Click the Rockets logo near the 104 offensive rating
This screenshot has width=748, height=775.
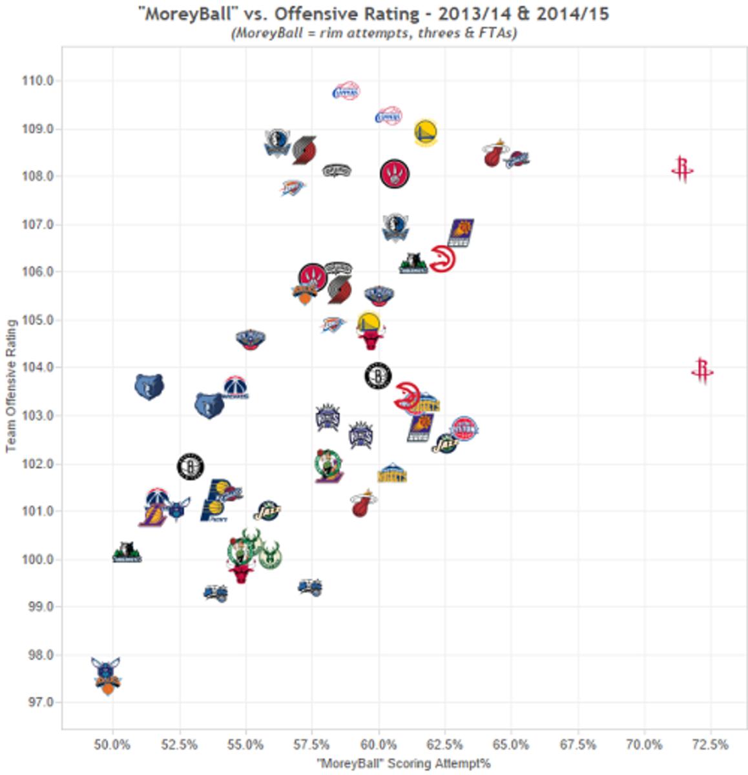click(x=702, y=371)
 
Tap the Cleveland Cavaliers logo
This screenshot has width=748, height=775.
click(x=517, y=159)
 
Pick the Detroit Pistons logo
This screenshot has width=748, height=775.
click(x=464, y=428)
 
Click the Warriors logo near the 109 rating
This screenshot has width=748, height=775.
click(x=425, y=132)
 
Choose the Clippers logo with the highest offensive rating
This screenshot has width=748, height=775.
click(x=346, y=92)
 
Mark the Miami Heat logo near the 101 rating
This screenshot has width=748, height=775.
click(x=364, y=503)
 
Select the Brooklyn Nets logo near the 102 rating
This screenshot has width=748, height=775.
click(x=190, y=466)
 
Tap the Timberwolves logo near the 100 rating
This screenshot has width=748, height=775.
click(x=127, y=553)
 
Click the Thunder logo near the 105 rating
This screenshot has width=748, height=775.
click(x=332, y=324)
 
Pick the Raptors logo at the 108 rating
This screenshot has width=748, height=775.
click(x=394, y=174)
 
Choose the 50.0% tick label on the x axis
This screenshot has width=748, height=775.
click(x=113, y=745)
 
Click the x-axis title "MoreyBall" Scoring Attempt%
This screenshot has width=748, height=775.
click(x=404, y=763)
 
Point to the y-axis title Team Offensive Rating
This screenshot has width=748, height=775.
click(x=11, y=386)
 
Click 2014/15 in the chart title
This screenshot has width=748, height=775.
click(x=568, y=14)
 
